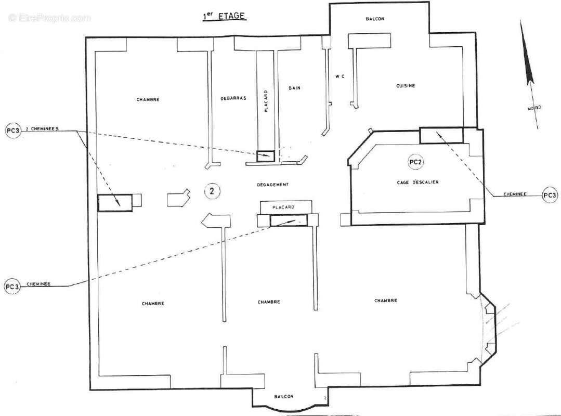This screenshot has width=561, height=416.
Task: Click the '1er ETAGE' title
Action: coord(224,17)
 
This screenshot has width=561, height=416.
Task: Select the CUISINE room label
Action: coord(406,86)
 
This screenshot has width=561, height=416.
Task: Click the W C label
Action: coord(340,77)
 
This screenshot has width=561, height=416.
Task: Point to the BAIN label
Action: coord(295,88)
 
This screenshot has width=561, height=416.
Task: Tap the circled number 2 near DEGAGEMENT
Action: coord(212,191)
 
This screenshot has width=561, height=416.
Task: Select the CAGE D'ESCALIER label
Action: coord(414,182)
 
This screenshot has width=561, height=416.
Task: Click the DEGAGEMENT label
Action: coord(272,185)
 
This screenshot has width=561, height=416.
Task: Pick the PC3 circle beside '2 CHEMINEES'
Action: coord(12,131)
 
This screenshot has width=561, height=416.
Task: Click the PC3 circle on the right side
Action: coord(550,195)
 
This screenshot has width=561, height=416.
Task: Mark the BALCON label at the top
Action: coord(375,19)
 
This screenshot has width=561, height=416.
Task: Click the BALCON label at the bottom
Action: coord(283,396)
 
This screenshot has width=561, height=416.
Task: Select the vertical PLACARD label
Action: coord(266,101)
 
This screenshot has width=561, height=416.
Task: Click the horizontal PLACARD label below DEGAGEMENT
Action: coord(283,207)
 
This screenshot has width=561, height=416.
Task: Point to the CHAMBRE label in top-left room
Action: coord(148,99)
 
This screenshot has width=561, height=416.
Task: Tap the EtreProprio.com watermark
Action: coord(49,18)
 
